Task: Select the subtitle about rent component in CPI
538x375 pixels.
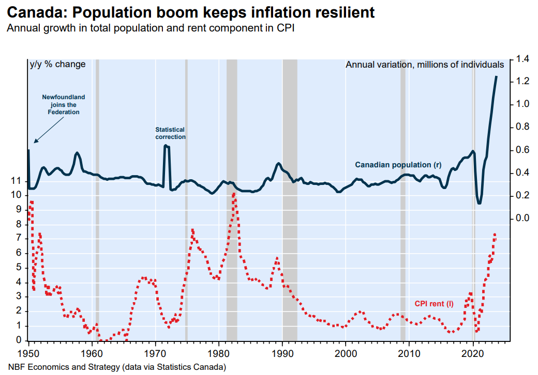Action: [x=151, y=28]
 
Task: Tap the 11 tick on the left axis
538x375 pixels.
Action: [x=16, y=181]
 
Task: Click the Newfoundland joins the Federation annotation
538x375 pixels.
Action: [x=64, y=104]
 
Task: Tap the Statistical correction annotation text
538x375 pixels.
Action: [x=170, y=133]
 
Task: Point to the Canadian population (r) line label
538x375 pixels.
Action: [x=398, y=165]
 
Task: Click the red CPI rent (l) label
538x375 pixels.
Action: [x=434, y=304]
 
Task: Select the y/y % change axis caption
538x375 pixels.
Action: [x=57, y=65]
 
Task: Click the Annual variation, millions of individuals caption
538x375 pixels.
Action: [x=425, y=65]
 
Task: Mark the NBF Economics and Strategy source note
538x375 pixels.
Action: [x=117, y=367]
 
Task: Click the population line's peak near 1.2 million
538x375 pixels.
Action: [x=496, y=77]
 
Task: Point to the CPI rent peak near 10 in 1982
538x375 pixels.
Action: [x=234, y=194]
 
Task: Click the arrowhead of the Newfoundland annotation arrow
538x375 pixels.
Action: [x=35, y=142]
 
